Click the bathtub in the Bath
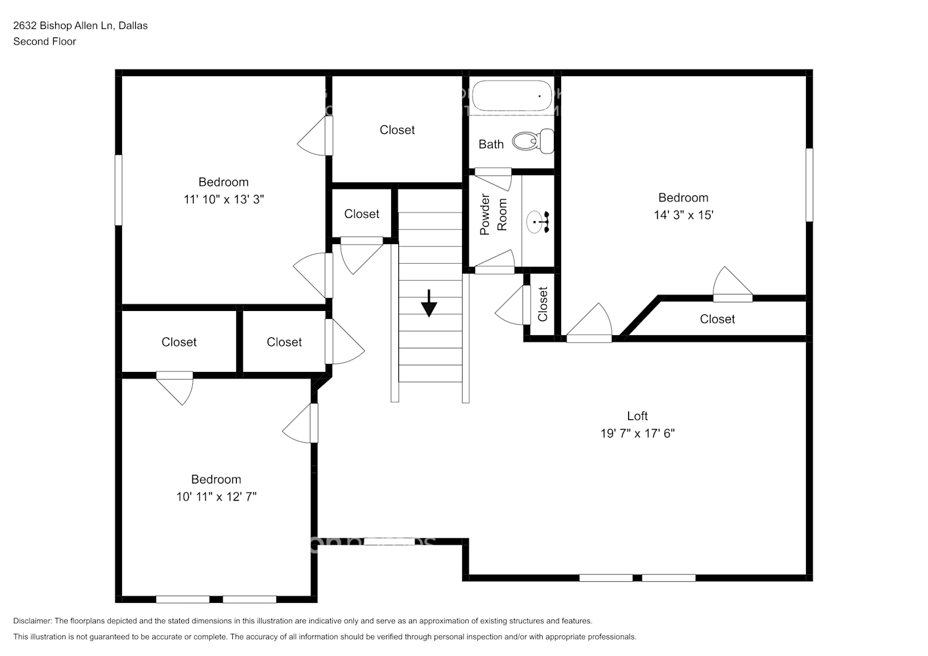[513, 96]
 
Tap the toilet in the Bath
[533, 141]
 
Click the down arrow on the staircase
[429, 304]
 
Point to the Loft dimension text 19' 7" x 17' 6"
[637, 433]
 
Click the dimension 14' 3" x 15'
[683, 215]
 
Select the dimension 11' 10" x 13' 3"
[224, 199]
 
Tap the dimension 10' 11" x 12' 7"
[216, 497]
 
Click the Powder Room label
[494, 215]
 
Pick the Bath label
[491, 144]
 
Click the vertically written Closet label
[543, 304]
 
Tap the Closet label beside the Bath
[397, 130]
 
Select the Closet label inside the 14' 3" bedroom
[717, 319]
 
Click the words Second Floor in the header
[45, 41]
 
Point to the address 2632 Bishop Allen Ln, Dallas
[80, 26]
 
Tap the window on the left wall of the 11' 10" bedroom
[119, 190]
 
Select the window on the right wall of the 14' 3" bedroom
[809, 184]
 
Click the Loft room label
[637, 416]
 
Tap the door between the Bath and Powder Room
[493, 172]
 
